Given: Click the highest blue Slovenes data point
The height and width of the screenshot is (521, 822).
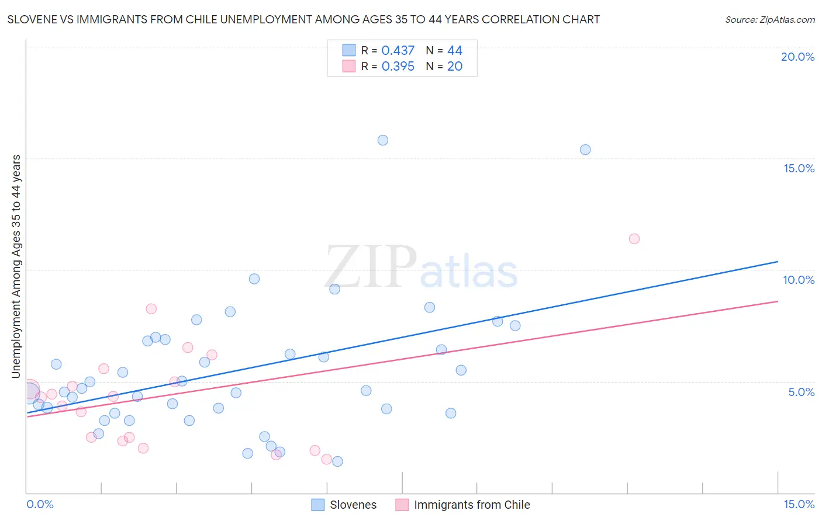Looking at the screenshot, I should point(383,140).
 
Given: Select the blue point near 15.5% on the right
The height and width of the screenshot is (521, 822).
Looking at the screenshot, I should point(585,150).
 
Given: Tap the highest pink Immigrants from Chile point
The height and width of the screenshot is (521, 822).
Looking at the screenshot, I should point(634,239).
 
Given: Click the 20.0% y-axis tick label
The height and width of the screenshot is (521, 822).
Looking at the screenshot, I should point(797,57).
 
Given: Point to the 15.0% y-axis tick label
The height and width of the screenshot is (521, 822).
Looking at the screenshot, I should point(799,168).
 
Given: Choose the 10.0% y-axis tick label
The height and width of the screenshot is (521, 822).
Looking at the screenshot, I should point(799,280).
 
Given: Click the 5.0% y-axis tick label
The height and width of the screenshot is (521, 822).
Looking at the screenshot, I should point(801,392).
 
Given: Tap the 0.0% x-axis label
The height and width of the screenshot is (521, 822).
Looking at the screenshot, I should point(40,504).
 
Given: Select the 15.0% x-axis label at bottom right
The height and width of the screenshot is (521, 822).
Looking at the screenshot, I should point(799,504).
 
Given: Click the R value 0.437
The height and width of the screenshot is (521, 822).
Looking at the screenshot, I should point(398,51).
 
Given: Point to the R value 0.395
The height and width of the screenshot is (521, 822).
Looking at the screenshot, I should point(398,67).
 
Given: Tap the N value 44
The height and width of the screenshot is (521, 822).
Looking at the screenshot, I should point(455,51).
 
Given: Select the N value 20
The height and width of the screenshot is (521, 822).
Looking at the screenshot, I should point(455,67).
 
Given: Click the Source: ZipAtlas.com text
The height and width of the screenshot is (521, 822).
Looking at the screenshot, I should point(769,20).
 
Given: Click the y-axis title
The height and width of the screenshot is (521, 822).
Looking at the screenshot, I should point(16,266).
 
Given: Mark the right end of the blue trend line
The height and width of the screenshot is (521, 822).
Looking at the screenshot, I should point(778,262).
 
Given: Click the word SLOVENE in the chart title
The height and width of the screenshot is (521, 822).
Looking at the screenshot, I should point(33,20).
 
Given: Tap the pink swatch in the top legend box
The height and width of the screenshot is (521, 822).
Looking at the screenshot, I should point(349,66).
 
